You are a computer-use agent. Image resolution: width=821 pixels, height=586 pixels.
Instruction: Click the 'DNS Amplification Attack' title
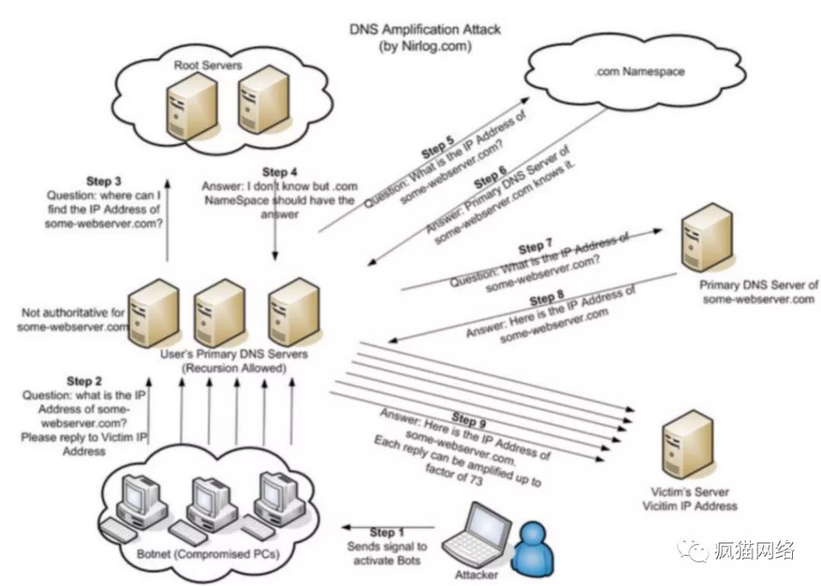(425, 30)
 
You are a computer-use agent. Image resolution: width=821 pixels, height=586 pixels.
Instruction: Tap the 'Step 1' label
(382, 532)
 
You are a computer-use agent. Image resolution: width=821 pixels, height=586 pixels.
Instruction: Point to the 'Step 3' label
(103, 181)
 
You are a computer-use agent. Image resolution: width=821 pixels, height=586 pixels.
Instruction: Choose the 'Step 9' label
(468, 419)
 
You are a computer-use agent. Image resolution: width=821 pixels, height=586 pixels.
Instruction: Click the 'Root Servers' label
(207, 65)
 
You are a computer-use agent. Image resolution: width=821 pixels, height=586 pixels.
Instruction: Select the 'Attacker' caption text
(477, 574)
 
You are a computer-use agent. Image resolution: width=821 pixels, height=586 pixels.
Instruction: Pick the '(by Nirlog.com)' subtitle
(425, 46)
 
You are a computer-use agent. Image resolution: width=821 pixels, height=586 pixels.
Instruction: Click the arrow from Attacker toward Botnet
(388, 527)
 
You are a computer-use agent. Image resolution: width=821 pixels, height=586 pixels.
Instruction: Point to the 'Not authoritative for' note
(73, 312)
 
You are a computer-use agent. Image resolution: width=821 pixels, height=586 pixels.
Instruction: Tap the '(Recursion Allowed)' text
(233, 368)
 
